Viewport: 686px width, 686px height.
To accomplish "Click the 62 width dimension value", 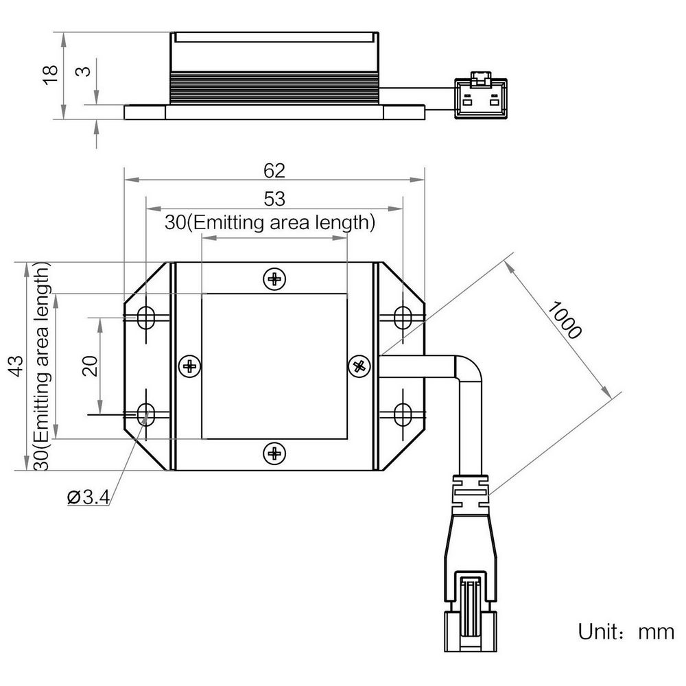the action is (x=274, y=170).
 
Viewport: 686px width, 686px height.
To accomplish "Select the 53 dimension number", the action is (x=274, y=199).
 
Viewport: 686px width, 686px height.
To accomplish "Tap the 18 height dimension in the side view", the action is (x=50, y=75).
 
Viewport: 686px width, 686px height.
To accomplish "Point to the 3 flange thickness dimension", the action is (x=83, y=71).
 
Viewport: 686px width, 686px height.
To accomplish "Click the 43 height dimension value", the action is (x=16, y=366).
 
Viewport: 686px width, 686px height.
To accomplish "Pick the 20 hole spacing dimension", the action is (x=91, y=366).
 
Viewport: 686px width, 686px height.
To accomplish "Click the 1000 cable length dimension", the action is (x=565, y=320).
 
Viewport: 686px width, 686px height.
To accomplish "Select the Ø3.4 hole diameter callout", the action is (x=88, y=497).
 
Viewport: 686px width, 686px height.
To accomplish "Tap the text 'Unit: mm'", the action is (x=626, y=632).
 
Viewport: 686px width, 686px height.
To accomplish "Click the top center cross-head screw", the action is (x=274, y=279).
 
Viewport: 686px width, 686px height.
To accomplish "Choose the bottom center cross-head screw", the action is (x=274, y=453).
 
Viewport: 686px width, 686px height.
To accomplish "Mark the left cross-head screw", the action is (x=190, y=366).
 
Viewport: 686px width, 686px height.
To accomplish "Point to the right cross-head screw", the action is (x=359, y=366).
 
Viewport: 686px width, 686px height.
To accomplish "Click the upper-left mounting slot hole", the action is (x=145, y=318).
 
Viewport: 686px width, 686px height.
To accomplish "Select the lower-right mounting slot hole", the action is (x=403, y=414).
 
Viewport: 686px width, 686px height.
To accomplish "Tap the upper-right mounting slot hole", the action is (x=403, y=318).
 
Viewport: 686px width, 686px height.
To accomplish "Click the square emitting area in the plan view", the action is (x=274, y=366).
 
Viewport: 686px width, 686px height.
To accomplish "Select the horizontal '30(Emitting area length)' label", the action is (x=270, y=222).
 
